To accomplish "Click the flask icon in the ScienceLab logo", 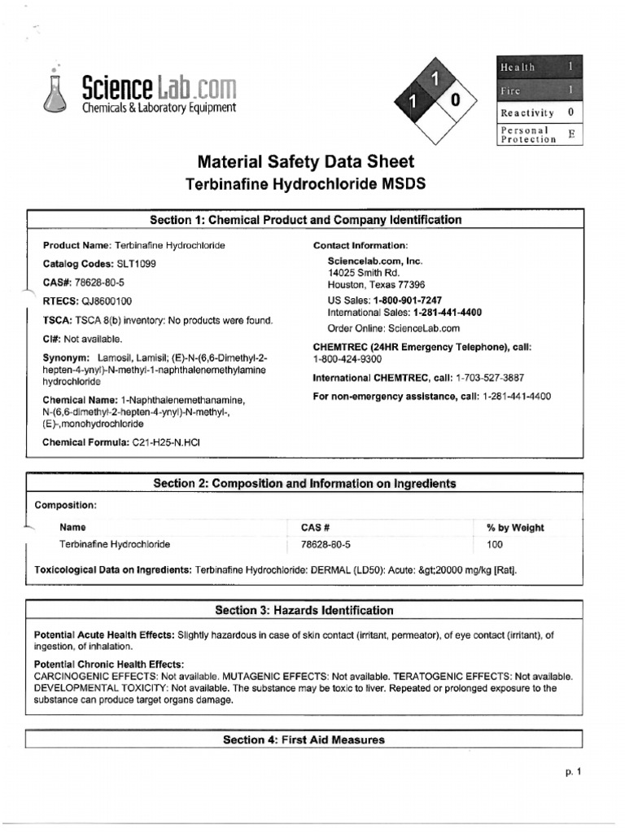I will (55, 93).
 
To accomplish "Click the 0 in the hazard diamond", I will (455, 100).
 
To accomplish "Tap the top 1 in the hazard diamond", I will (435, 79).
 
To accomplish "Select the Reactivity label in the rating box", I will (527, 113).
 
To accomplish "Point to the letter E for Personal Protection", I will (570, 134).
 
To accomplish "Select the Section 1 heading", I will (305, 220).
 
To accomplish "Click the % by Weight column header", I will (515, 528).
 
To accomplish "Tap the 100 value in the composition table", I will (495, 545).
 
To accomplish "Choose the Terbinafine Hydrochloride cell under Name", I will (115, 545).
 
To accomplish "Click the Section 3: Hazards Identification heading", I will (304, 610).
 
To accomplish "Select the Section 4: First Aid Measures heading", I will (304, 740).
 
